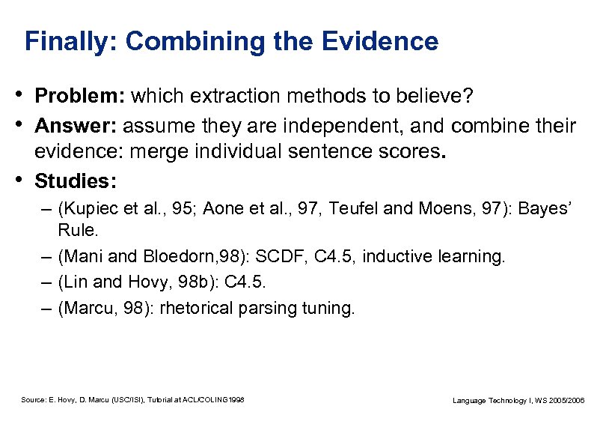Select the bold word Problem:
click(82, 97)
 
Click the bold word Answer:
click(76, 125)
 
